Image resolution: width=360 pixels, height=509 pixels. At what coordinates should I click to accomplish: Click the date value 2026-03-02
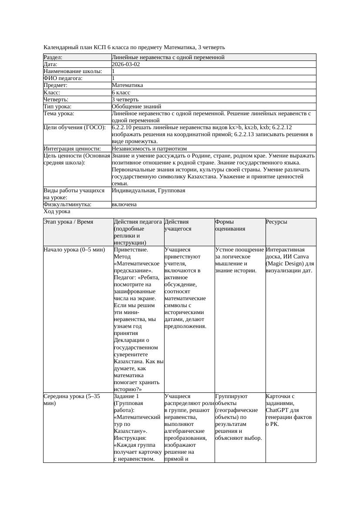click(x=126, y=64)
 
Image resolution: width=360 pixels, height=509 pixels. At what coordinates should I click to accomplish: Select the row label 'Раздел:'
click(x=53, y=57)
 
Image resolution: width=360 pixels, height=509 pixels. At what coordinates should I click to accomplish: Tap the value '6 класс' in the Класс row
click(x=121, y=93)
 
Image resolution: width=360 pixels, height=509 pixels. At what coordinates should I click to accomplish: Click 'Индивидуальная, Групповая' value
click(x=148, y=191)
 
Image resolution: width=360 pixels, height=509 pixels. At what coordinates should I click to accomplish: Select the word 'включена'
click(x=124, y=204)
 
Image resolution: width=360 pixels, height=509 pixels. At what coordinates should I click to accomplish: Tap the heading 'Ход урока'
click(x=57, y=211)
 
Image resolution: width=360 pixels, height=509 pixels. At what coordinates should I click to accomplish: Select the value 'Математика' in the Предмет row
click(x=127, y=86)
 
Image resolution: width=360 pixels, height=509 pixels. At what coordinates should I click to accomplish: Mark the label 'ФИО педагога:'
click(x=63, y=78)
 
